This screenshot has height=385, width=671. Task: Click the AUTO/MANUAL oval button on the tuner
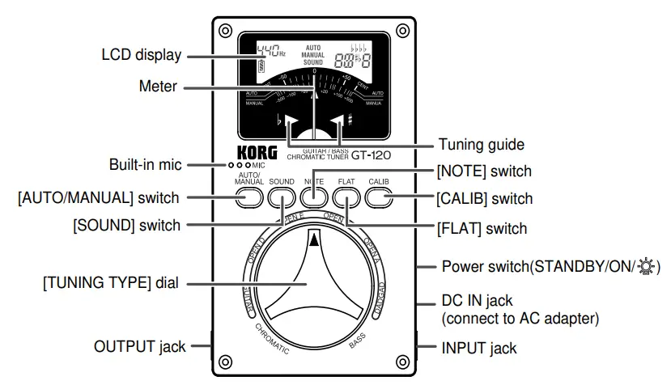tap(247, 197)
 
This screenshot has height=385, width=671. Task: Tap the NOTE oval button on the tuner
tap(313, 197)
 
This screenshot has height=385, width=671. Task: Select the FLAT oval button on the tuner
tap(346, 197)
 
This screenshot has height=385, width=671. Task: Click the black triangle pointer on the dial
tap(314, 238)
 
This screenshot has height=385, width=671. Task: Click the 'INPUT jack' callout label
tap(478, 348)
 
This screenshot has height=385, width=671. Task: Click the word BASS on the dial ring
tap(357, 343)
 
